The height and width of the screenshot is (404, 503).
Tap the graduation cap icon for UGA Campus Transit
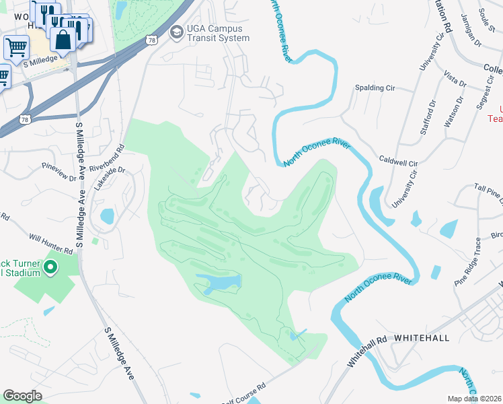tap(176, 32)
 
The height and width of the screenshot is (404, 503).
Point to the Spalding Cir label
tap(375, 88)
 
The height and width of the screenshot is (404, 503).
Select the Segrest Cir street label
tap(481, 95)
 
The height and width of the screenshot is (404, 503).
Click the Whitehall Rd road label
tap(366, 351)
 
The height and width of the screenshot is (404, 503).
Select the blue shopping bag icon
tap(63, 40)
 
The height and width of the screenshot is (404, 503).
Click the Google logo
tap(22, 396)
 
